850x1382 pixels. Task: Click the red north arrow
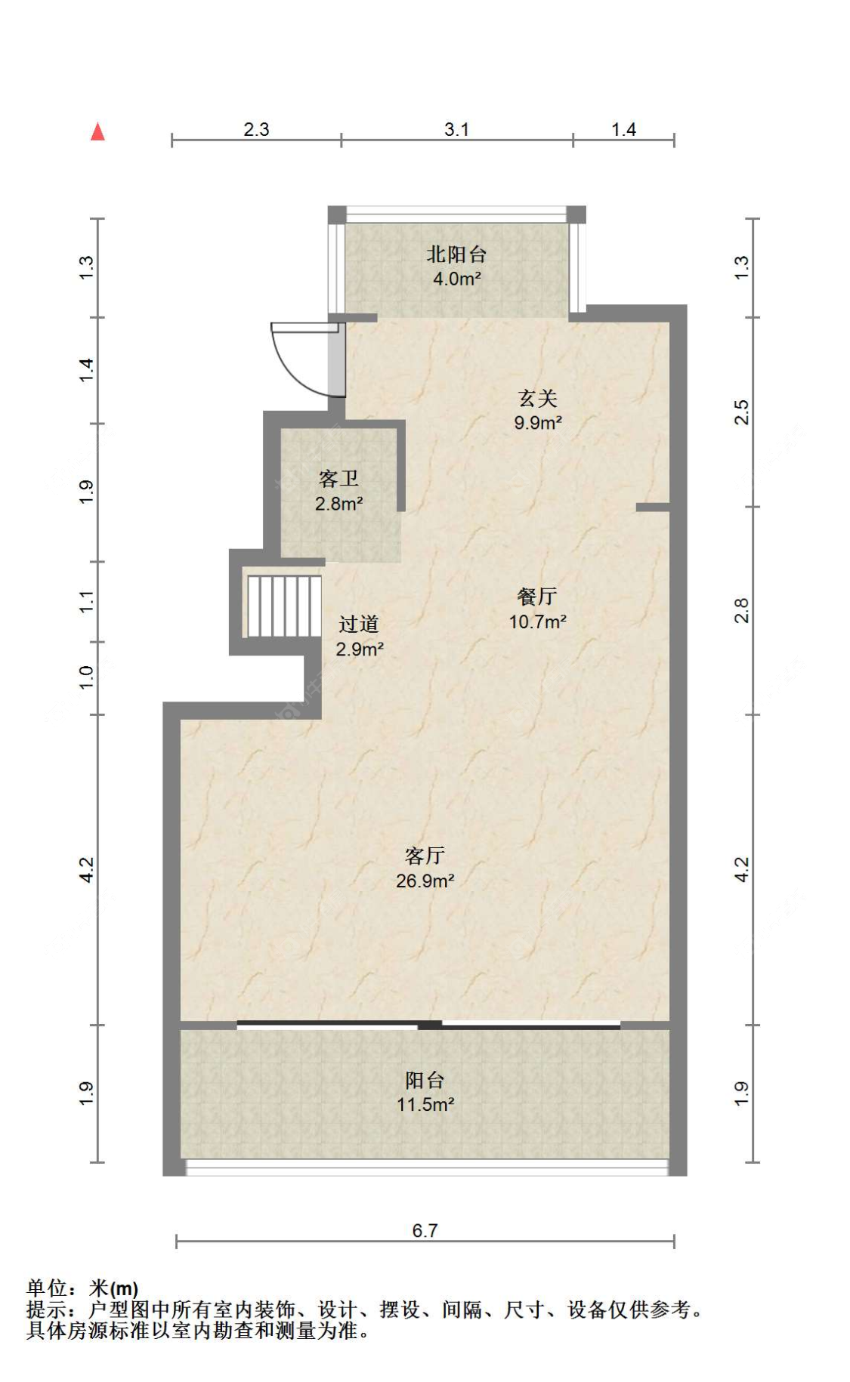(x=97, y=131)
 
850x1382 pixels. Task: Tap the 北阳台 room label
(x=456, y=254)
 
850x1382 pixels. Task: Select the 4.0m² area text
(x=457, y=279)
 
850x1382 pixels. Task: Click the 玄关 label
(x=537, y=398)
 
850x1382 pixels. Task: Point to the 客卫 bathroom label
(x=338, y=479)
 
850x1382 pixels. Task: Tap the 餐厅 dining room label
(x=537, y=597)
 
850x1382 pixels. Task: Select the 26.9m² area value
(x=425, y=881)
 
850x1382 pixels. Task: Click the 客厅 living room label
(x=425, y=856)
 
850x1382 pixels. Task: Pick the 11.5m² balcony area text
(x=425, y=1104)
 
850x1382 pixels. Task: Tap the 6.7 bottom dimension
(x=425, y=1230)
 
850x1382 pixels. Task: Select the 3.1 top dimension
(x=456, y=129)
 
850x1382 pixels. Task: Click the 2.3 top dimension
(x=256, y=129)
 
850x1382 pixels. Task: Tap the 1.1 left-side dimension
(x=87, y=602)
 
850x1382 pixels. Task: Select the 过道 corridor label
(x=359, y=624)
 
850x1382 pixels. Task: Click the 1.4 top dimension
(x=623, y=129)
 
